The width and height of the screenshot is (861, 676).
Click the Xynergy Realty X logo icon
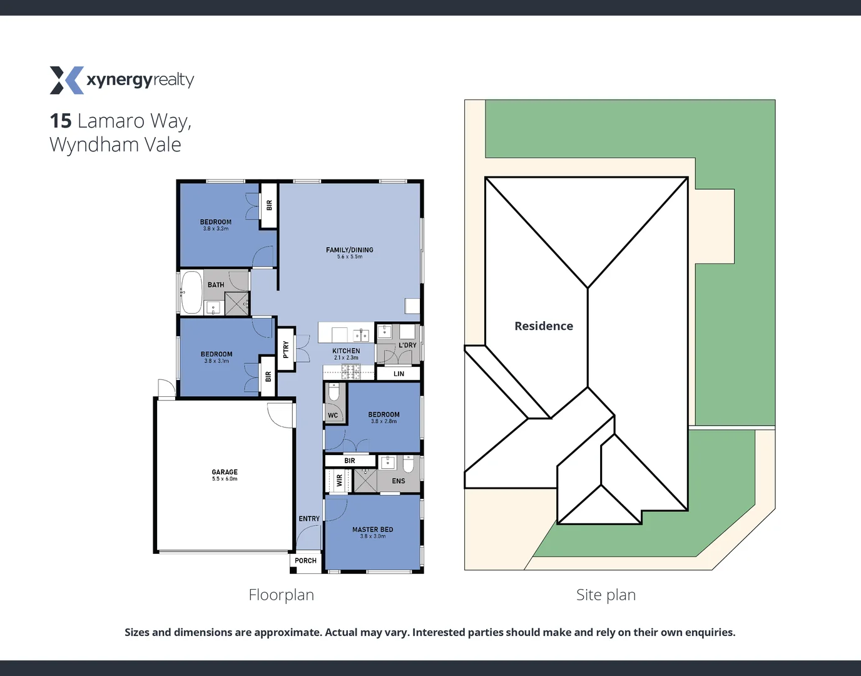[66, 80]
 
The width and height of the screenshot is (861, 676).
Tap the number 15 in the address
[61, 121]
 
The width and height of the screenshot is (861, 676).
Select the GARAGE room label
[225, 472]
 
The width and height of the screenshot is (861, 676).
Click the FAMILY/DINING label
[349, 250]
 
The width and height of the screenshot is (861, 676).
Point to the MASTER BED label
[372, 530]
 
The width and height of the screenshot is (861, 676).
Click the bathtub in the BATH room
[191, 292]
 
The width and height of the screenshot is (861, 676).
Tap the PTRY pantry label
[286, 349]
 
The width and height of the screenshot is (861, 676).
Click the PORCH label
[305, 561]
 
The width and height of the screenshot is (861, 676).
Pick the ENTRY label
[309, 519]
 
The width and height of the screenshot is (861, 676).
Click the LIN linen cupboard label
[399, 374]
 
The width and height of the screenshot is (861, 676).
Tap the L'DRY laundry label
[407, 345]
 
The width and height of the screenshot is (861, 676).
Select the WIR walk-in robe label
[340, 480]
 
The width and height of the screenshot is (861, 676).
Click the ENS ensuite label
[399, 481]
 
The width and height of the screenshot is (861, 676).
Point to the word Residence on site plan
[543, 326]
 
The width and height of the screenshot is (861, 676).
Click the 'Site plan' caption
[606, 595]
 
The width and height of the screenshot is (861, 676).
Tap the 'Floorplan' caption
[281, 595]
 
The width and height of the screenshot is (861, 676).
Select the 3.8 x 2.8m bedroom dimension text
[384, 422]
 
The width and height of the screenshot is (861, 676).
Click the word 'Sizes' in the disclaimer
[137, 632]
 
